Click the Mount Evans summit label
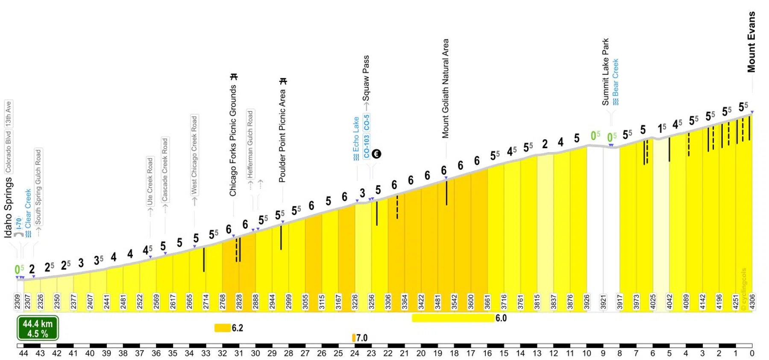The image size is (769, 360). pyautogui.click(x=751, y=42)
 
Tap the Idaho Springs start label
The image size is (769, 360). pyautogui.click(x=9, y=208)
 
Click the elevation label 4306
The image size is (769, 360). pyautogui.click(x=752, y=301)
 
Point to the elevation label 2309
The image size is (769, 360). pyautogui.click(x=18, y=301)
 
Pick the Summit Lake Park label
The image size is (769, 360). pyautogui.click(x=605, y=72)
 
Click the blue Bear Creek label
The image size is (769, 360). pyautogui.click(x=615, y=81)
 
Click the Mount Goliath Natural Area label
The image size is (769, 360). pyautogui.click(x=446, y=88)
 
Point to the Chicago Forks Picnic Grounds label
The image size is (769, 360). pyautogui.click(x=233, y=140)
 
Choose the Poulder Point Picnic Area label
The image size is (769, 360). pyautogui.click(x=282, y=135)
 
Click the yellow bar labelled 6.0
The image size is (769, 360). pyautogui.click(x=453, y=318)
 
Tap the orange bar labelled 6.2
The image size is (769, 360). pyautogui.click(x=222, y=328)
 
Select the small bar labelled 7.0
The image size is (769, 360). pyautogui.click(x=354, y=338)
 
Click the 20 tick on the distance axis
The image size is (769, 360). pyautogui.click(x=421, y=353)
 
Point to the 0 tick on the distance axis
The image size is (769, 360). pyautogui.click(x=752, y=353)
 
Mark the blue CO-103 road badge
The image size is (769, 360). pyautogui.click(x=367, y=146)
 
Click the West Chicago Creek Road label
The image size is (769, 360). pyautogui.click(x=194, y=155)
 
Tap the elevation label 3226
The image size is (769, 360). pyautogui.click(x=355, y=301)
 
